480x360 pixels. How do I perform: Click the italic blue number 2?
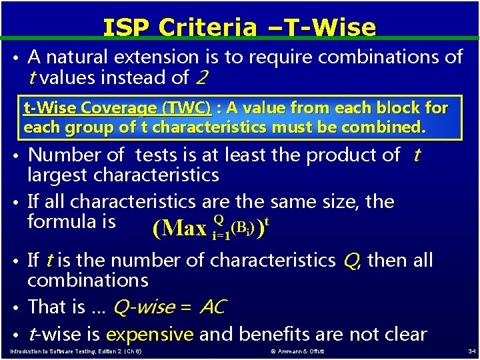tap(203, 78)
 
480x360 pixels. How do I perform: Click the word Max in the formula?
tap(184, 229)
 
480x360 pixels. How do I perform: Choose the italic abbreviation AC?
tap(213, 307)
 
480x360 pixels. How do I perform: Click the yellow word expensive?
tap(149, 333)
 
